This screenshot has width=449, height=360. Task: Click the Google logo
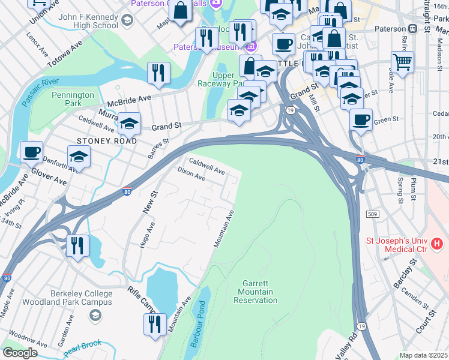click(x=20, y=352)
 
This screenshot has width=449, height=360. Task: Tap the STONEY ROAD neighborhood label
click(x=107, y=141)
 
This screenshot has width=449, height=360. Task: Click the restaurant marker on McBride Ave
click(x=158, y=73)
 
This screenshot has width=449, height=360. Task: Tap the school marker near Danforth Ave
click(x=78, y=158)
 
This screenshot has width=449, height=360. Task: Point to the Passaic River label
click(x=41, y=91)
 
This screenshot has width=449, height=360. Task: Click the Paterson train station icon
click(x=412, y=29)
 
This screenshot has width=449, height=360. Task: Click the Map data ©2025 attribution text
click(x=423, y=355)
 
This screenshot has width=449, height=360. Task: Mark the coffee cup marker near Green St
click(x=361, y=119)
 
